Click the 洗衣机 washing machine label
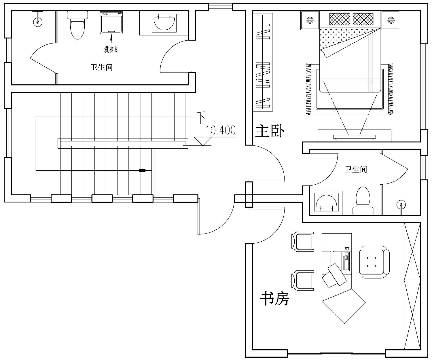click(x=112, y=49)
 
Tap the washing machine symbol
click(x=111, y=23)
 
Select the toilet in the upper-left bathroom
click(x=77, y=25)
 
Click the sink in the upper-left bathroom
click(x=164, y=23)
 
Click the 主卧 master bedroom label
click(x=270, y=131)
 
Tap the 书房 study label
click(x=274, y=299)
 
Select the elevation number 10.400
click(x=221, y=130)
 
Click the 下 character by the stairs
click(x=201, y=117)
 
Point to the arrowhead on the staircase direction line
click(x=145, y=170)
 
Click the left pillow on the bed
click(x=340, y=19)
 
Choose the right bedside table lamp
click(x=391, y=20)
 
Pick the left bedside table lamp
click(x=310, y=20)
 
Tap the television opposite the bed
click(x=355, y=137)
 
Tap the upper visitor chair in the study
click(x=303, y=242)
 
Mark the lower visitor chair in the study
click(x=303, y=280)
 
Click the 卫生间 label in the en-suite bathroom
click(x=356, y=169)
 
